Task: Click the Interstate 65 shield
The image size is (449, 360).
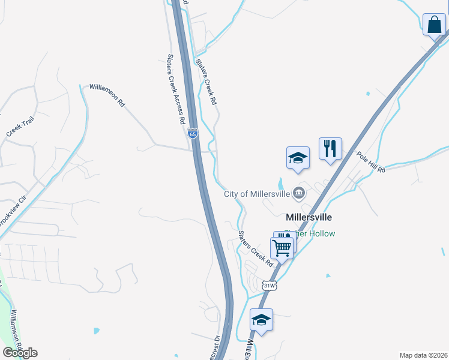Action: (193, 134)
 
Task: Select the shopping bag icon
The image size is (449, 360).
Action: (434, 25)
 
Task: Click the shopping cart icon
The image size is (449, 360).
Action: (282, 247)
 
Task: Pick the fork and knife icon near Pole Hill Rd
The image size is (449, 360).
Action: (330, 148)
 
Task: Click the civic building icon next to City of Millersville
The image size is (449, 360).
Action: (299, 193)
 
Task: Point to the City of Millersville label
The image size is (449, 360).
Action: (257, 193)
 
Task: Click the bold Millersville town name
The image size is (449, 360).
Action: (309, 217)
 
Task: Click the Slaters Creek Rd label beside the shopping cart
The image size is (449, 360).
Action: (256, 248)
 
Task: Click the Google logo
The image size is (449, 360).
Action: (20, 353)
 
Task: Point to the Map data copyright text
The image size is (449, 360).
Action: (423, 355)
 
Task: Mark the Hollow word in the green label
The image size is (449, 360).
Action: (322, 233)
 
